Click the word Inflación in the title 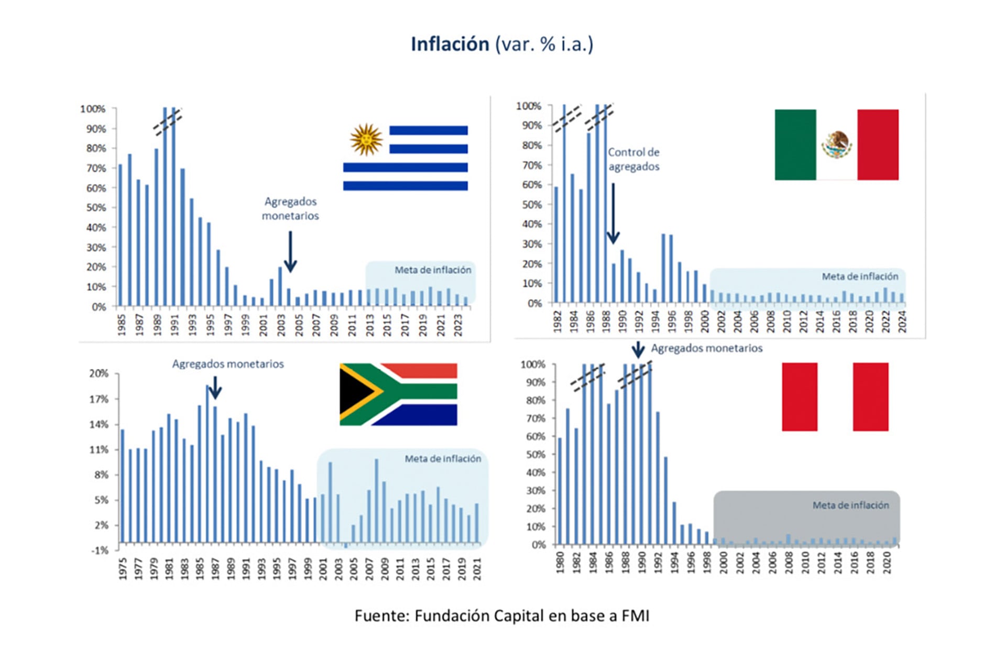pyautogui.click(x=450, y=44)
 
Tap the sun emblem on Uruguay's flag pyautogui.click(x=366, y=139)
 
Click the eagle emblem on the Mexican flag pyautogui.click(x=836, y=145)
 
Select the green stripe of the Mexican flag pyautogui.click(x=795, y=145)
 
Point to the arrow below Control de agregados pyautogui.click(x=613, y=215)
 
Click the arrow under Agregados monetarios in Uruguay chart pyautogui.click(x=290, y=252)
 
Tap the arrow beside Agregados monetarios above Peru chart pyautogui.click(x=638, y=349)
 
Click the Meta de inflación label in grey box pyautogui.click(x=850, y=505)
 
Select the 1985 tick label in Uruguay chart pyautogui.click(x=122, y=325)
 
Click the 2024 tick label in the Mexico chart pyautogui.click(x=902, y=321)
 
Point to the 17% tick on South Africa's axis pyautogui.click(x=99, y=399)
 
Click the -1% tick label pyautogui.click(x=100, y=550)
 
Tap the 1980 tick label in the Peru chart pyautogui.click(x=560, y=562)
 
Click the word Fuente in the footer pyautogui.click(x=381, y=615)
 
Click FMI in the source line pyautogui.click(x=635, y=615)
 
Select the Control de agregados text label pyautogui.click(x=633, y=159)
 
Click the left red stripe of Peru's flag pyautogui.click(x=799, y=397)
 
